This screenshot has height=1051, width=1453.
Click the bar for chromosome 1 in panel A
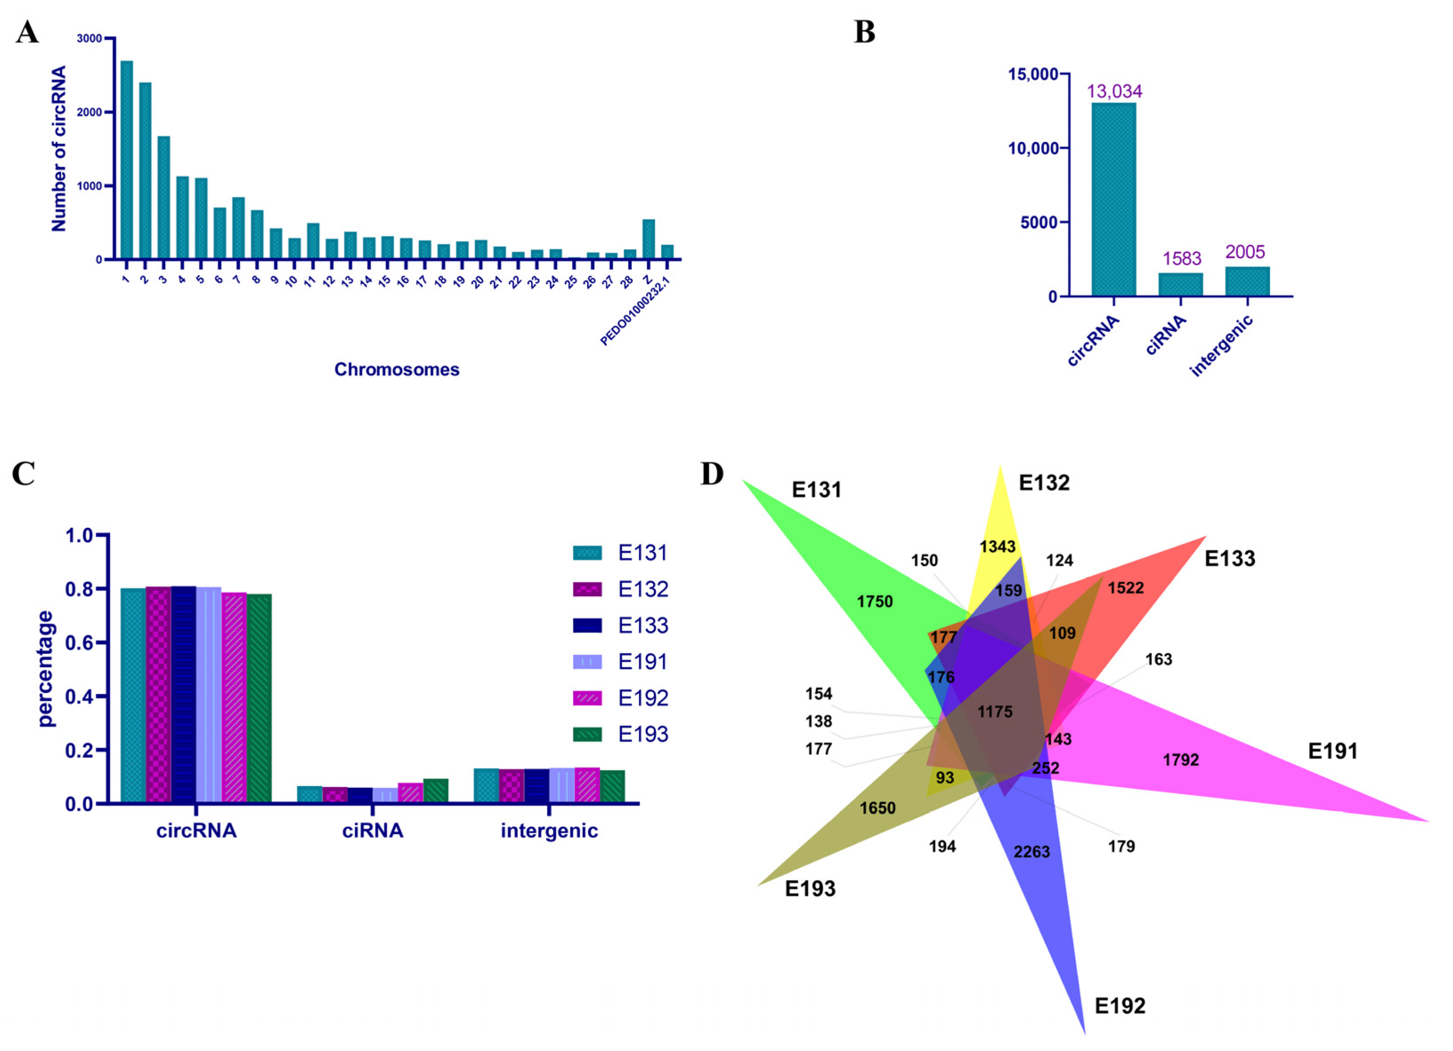pos(127,160)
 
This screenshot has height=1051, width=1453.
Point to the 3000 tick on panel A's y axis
pos(89,38)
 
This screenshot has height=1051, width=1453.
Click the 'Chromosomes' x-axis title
pos(396,370)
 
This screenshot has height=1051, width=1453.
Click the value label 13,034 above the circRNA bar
pos(1114,92)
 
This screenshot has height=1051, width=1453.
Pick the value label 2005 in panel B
pos(1245,252)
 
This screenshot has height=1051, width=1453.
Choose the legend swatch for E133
pos(587,625)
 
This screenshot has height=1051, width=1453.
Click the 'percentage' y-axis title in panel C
pos(45,669)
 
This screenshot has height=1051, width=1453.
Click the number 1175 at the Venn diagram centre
pos(995,712)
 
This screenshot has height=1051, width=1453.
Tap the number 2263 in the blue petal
pos(1031,852)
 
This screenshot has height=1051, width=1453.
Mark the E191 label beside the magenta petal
pos(1332,751)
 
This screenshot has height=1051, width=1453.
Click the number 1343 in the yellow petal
pos(997,547)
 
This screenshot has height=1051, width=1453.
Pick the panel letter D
pos(712,474)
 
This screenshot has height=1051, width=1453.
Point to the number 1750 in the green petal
pos(875,602)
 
